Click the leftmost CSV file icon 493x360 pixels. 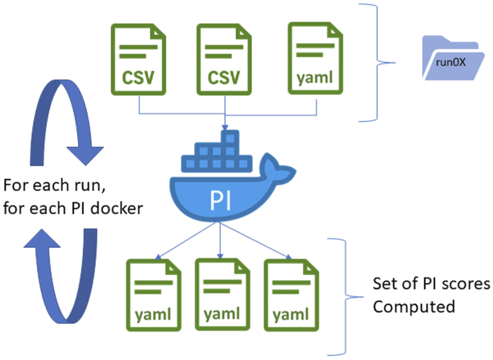138,59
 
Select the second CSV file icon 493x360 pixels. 224,59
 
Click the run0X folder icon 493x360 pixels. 453,58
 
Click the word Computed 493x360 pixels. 414,307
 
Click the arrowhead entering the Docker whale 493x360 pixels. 226,128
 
